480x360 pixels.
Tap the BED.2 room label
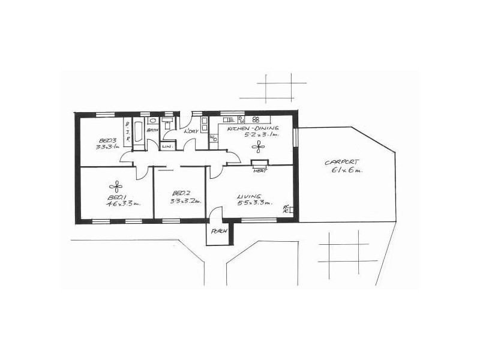pyautogui.click(x=181, y=193)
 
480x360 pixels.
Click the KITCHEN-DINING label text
pyautogui.click(x=251, y=128)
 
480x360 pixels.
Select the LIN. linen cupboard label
pyautogui.click(x=167, y=146)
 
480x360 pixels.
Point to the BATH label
pyautogui.click(x=152, y=130)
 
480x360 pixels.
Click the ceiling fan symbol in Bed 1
pyautogui.click(x=116, y=185)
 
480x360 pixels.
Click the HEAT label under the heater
pyautogui.click(x=259, y=171)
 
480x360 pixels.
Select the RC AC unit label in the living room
pyautogui.click(x=286, y=209)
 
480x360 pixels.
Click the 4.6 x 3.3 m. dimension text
pyautogui.click(x=123, y=204)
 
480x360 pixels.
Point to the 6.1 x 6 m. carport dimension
pyautogui.click(x=347, y=170)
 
